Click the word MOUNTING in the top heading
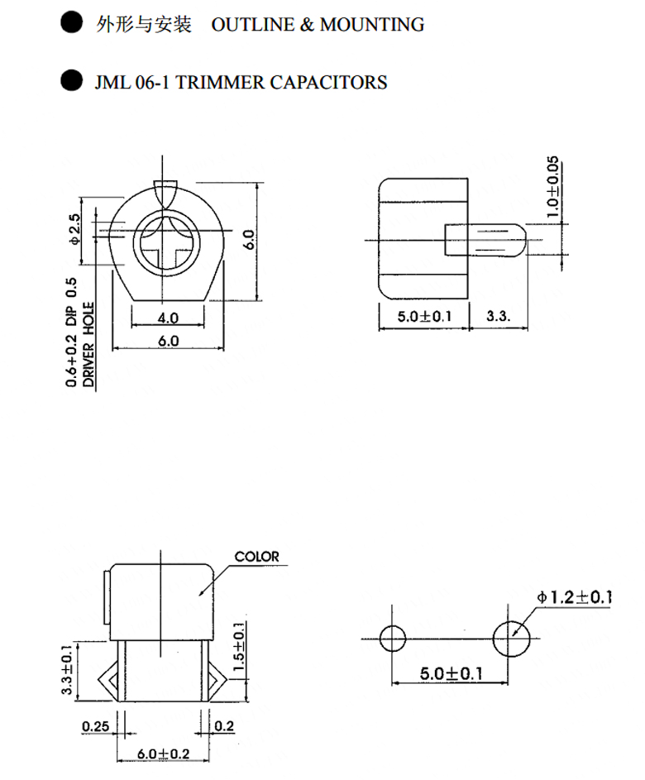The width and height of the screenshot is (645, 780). point(372,25)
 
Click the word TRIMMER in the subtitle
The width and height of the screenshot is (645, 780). point(220,83)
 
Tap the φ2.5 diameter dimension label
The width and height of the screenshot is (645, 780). point(74,229)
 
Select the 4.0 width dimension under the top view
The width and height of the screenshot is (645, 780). point(168,318)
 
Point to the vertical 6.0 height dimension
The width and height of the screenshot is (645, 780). point(250,239)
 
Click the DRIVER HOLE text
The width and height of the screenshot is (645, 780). point(88,345)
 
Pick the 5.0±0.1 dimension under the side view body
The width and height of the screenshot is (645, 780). point(424,316)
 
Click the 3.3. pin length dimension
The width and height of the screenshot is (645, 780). point(498,316)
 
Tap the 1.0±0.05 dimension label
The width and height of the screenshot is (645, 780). point(552,187)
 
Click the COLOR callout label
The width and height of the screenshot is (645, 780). point(256,557)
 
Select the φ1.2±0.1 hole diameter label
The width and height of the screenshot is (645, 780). point(573,596)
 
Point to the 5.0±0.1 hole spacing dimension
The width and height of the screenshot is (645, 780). point(451,673)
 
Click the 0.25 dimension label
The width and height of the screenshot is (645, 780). point(95,726)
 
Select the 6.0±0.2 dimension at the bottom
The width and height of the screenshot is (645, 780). point(163,754)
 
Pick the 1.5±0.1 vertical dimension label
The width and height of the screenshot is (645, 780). point(239,646)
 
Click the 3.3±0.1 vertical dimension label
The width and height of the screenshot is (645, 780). point(67,669)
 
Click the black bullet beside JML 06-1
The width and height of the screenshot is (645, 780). point(72,80)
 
